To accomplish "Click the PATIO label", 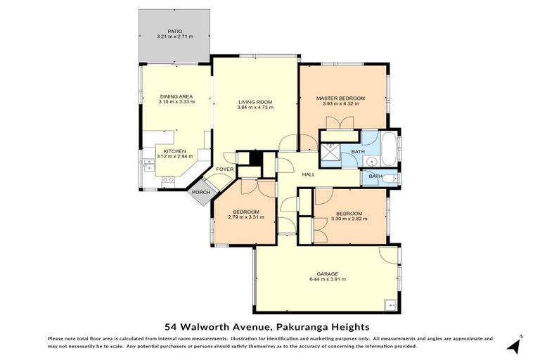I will (x=165, y=32).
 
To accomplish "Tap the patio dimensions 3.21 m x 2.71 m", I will (x=174, y=37).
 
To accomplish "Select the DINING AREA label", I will (x=176, y=96).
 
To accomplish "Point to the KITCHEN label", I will (x=174, y=151).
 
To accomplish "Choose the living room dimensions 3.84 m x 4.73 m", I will (x=256, y=108).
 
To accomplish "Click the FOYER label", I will (x=225, y=169).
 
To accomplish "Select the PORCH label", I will (x=201, y=192).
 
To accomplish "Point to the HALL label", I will (x=308, y=174).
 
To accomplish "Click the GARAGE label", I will (x=328, y=274).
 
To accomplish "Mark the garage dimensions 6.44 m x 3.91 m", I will (x=328, y=279).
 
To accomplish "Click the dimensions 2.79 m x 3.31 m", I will (x=246, y=217).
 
